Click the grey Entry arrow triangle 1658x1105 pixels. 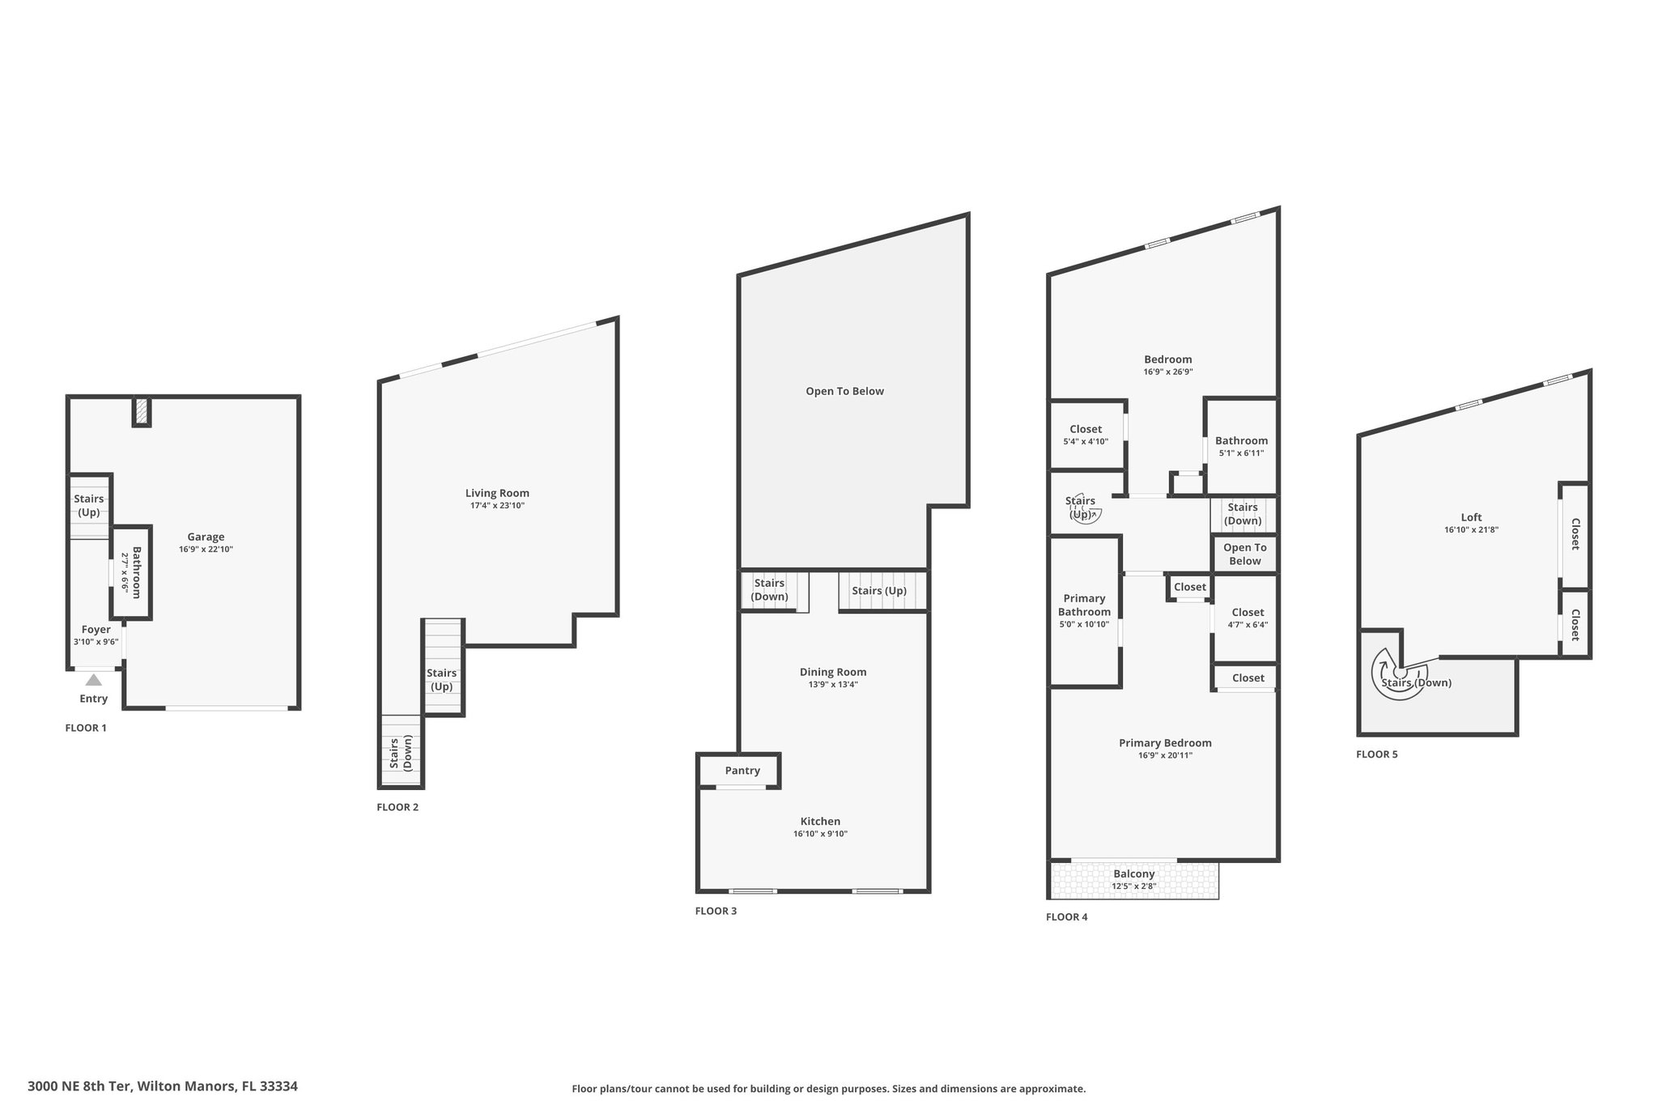click(94, 680)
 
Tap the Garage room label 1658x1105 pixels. click(206, 537)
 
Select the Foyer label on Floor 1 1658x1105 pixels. click(96, 629)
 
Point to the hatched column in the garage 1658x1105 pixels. click(142, 411)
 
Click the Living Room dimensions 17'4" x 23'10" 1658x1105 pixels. click(497, 506)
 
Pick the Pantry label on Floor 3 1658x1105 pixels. click(742, 771)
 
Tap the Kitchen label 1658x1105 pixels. click(821, 821)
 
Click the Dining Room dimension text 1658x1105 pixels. click(833, 685)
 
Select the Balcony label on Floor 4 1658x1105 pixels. click(1134, 874)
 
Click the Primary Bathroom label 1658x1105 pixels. click(1084, 606)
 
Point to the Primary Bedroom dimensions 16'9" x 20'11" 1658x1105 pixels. click(1166, 756)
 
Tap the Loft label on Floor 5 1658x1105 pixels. click(1472, 517)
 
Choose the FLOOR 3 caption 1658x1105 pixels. click(716, 911)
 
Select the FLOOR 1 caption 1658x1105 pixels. click(86, 728)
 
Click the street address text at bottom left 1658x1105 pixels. click(163, 1086)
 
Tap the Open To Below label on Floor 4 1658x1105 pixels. click(1245, 555)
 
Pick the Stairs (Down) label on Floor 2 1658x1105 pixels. click(401, 752)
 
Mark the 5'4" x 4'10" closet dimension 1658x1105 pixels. click(1086, 442)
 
